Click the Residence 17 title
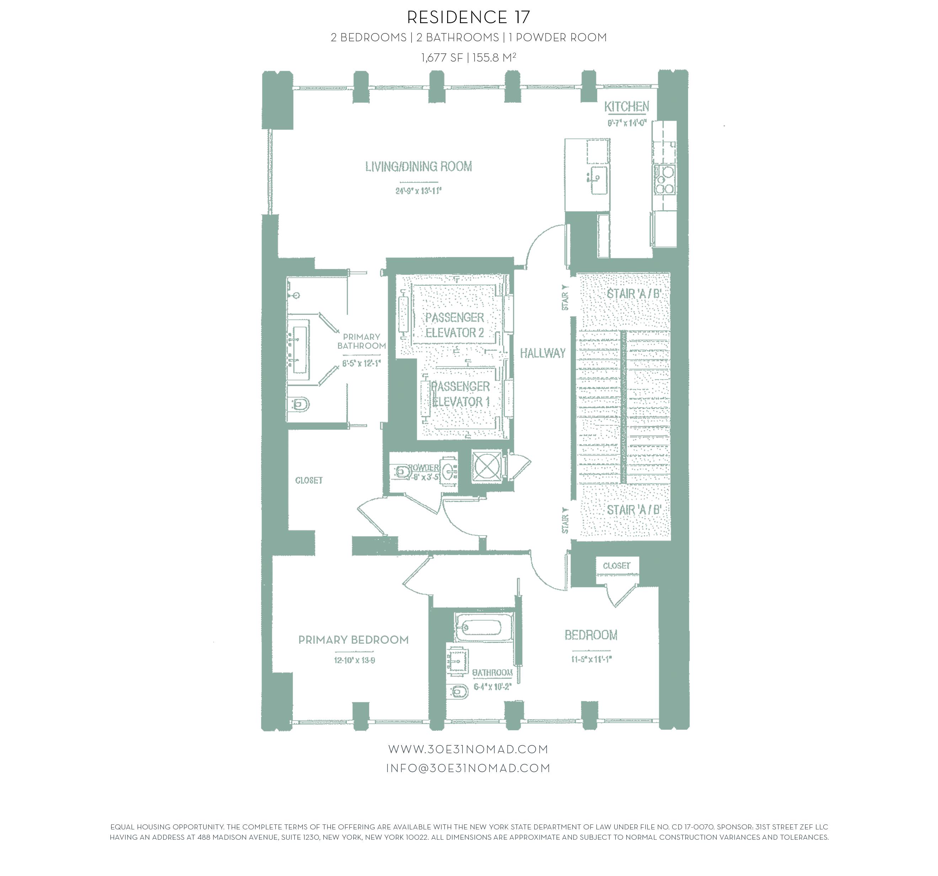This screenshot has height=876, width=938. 468,17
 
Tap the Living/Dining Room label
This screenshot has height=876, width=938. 418,167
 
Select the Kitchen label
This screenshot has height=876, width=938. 627,107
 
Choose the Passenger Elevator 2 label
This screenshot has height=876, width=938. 454,325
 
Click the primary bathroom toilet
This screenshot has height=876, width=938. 300,404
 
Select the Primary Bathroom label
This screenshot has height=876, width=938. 361,341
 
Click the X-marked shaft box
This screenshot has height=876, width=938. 487,466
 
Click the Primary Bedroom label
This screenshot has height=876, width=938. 353,640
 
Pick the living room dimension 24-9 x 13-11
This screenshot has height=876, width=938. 418,191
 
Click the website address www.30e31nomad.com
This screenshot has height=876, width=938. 468,749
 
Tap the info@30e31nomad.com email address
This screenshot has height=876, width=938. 468,768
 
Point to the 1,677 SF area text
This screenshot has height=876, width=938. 442,58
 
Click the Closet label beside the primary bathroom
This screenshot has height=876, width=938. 309,480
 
